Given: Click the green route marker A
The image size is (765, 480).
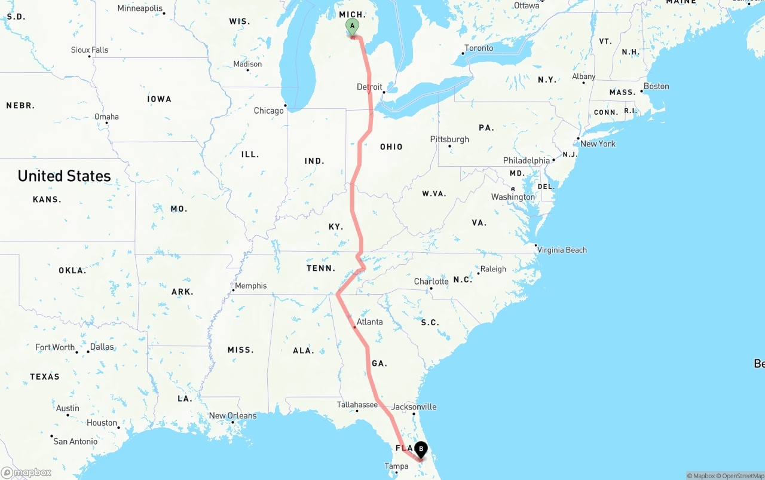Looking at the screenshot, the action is point(352,26).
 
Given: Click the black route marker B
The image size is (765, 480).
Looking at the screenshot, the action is point(421,448).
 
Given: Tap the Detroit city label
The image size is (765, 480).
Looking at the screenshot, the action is point(369,87).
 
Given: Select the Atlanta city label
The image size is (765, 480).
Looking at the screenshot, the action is point(369,322).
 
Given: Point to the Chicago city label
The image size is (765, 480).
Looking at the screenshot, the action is point(269,111).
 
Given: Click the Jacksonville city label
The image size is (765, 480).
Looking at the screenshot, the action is point(414,406).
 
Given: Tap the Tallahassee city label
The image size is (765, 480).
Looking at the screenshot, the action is point(357,405).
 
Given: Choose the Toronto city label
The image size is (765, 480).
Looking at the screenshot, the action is point(479,48).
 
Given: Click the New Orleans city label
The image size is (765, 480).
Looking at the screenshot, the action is point(232,415).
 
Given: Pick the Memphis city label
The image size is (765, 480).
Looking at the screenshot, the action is point(250,286).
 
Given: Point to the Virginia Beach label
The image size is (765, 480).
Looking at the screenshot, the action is point(562,250).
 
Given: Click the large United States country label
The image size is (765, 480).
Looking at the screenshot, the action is point(64,176).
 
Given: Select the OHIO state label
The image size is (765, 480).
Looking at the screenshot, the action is point(391,146).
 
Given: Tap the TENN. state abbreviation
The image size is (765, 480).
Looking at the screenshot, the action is point(321,268).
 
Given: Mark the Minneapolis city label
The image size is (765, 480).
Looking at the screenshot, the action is point(140,8).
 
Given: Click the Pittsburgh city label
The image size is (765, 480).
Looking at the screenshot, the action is point(449,139).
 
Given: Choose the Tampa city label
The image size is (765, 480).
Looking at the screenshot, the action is point(396,466).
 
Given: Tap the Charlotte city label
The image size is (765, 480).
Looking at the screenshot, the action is point(431,282).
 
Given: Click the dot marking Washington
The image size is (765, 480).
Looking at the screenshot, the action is point(513,189).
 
